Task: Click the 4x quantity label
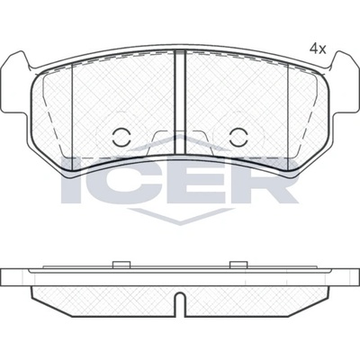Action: click(318, 49)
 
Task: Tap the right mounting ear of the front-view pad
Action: click(345, 83)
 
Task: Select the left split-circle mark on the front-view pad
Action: click(121, 137)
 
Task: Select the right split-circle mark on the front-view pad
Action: click(238, 137)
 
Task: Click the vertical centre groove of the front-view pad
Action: click(180, 103)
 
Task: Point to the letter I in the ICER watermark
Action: click(67, 180)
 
